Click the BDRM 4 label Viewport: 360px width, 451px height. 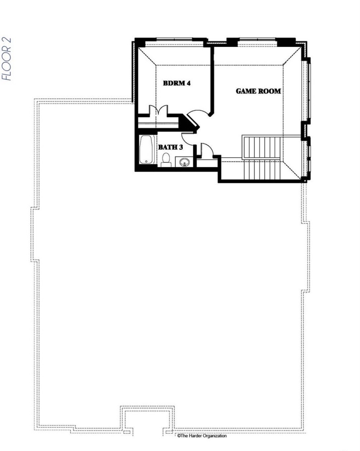(177, 83)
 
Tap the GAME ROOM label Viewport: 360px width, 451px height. (258, 91)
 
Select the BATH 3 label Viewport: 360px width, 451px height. (170, 147)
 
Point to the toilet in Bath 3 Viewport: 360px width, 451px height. (166, 159)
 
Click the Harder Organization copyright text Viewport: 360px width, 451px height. (202, 436)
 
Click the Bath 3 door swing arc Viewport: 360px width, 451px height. (188, 137)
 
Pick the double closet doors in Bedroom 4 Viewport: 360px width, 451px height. (159, 110)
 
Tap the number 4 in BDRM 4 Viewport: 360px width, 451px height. (188, 83)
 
